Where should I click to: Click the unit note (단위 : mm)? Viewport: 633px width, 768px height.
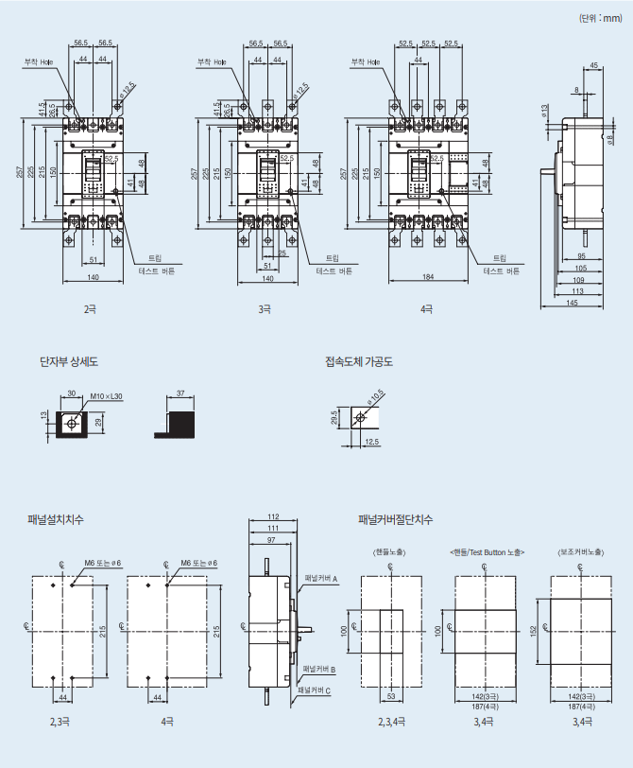tap(600, 17)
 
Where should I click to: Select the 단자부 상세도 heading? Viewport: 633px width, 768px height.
tap(68, 361)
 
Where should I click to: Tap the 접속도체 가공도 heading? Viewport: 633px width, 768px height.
tap(359, 361)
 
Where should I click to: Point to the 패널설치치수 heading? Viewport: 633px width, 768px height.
tap(56, 519)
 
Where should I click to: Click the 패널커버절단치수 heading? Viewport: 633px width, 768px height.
tap(396, 519)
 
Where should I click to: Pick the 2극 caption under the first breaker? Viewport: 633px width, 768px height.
tap(90, 308)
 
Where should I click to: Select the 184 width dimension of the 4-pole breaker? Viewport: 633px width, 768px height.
tap(427, 278)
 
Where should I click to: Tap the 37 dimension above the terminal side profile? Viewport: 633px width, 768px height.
tap(180, 393)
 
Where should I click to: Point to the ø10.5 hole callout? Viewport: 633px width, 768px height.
tap(376, 395)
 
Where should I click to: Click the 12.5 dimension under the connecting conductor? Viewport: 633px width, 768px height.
tap(372, 442)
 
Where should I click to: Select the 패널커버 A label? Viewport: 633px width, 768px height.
tap(321, 577)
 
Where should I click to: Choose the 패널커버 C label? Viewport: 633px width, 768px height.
tap(314, 691)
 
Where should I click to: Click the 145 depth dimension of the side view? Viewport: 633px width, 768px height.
tap(573, 304)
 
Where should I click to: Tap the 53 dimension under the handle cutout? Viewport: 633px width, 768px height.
tap(390, 697)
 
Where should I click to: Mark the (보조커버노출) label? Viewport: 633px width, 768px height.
tap(580, 551)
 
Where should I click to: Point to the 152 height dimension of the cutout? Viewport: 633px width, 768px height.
tap(535, 630)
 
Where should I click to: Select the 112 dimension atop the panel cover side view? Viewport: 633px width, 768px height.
tap(274, 517)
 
